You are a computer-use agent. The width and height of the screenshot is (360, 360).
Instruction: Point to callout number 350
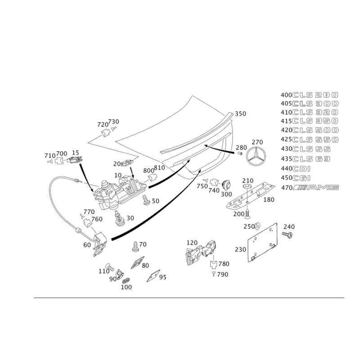pos(240,115)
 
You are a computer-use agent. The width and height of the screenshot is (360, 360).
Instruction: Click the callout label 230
pos(241,249)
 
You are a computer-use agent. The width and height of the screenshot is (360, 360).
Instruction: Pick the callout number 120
pos(192,243)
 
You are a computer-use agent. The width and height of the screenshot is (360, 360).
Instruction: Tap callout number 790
pos(221,274)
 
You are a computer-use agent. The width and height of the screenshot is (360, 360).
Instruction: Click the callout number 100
pos(126,287)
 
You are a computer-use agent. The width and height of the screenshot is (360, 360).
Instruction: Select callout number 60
pos(87,244)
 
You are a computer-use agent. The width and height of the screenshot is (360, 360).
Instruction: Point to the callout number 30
pos(130,218)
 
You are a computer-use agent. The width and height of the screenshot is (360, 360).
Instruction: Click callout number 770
pos(89,211)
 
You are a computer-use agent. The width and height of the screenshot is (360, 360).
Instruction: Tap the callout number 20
pos(117,163)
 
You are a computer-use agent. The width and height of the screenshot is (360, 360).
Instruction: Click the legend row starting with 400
pos(309,95)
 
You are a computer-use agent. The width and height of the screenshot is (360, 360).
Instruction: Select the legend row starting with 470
pos(309,187)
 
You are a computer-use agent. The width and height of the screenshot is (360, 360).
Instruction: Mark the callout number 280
pos(242,147)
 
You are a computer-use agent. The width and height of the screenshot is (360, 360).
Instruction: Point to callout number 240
pos(288,227)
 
